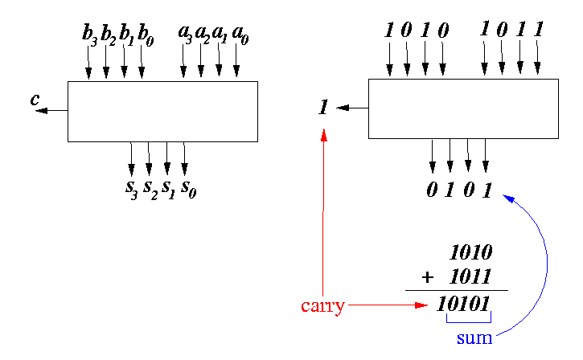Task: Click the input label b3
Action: click(88, 34)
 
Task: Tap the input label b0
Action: click(145, 34)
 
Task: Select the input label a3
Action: click(184, 34)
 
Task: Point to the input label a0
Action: click(239, 34)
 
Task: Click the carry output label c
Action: click(35, 100)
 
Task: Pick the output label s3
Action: click(131, 188)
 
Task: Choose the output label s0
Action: click(187, 188)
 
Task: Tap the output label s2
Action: click(150, 188)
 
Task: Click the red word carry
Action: click(322, 305)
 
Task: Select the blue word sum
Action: click(474, 337)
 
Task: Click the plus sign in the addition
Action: click(427, 277)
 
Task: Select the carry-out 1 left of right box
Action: click(322, 107)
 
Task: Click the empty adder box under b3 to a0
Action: click(162, 111)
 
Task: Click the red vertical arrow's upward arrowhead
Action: click(323, 135)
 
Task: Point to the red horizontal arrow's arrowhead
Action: click(421, 305)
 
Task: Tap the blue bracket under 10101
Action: click(469, 322)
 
